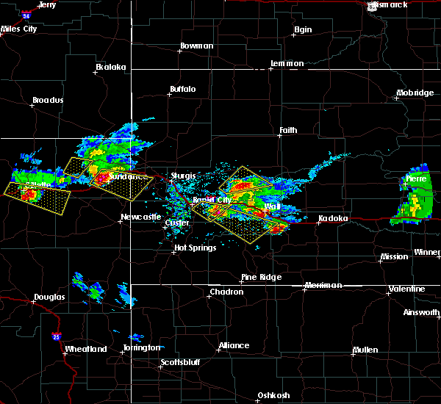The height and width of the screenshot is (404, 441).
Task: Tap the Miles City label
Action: tap(19, 29)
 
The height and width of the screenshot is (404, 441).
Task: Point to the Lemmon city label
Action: tap(287, 63)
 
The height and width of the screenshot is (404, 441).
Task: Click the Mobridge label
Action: tap(415, 93)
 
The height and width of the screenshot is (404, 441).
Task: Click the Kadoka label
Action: tap(333, 218)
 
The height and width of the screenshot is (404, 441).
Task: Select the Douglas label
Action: tap(49, 297)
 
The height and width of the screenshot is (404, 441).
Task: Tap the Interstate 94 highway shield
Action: tap(26, 15)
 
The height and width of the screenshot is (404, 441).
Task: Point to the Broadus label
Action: tap(48, 100)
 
